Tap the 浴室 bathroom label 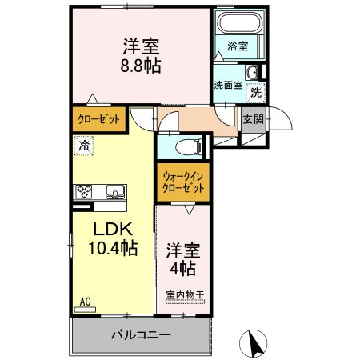237,46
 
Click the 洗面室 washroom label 228,86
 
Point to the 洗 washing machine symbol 255,92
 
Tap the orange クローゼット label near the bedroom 99,118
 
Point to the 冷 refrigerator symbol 84,146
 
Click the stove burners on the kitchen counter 85,191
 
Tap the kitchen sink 113,191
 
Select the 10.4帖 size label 111,248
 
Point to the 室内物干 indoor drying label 185,295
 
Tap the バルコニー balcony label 140,334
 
